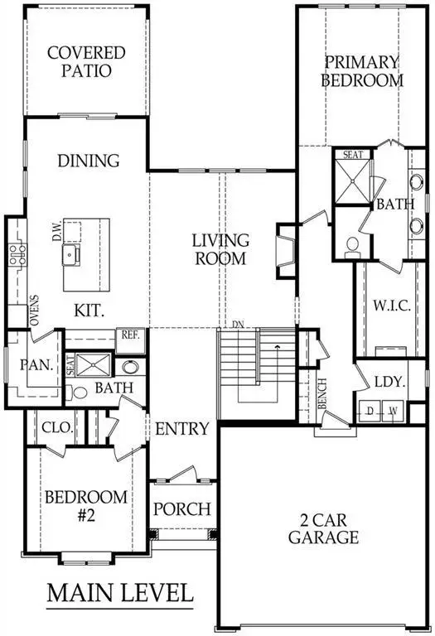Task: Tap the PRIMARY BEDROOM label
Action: click(x=363, y=71)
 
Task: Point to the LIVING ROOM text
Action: click(x=220, y=249)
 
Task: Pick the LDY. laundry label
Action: click(x=389, y=383)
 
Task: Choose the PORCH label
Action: click(x=181, y=508)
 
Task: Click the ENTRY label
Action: click(x=181, y=429)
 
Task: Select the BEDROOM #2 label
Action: click(x=86, y=505)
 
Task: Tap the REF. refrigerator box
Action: click(x=129, y=335)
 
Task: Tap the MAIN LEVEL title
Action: click(x=119, y=593)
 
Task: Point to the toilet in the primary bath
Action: click(x=351, y=245)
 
